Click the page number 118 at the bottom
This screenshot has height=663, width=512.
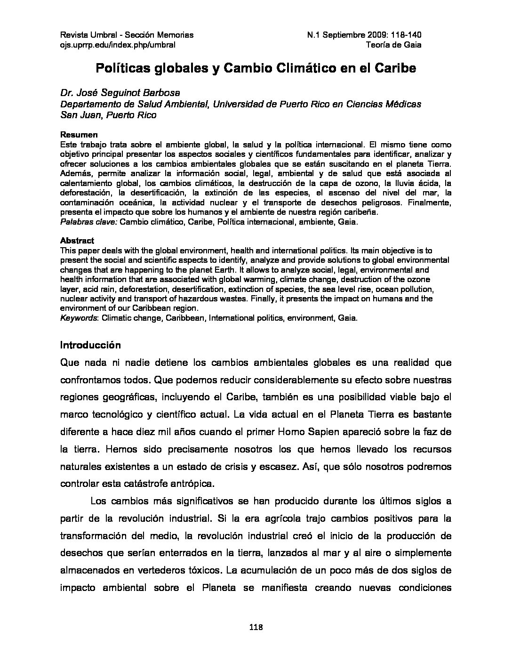(256, 627)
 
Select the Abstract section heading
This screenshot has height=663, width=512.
(77, 241)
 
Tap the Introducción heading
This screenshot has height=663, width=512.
(90, 345)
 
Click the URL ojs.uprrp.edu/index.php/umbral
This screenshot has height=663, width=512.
(118, 45)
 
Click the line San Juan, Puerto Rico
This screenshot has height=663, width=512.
(108, 115)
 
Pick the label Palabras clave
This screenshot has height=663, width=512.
(88, 222)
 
